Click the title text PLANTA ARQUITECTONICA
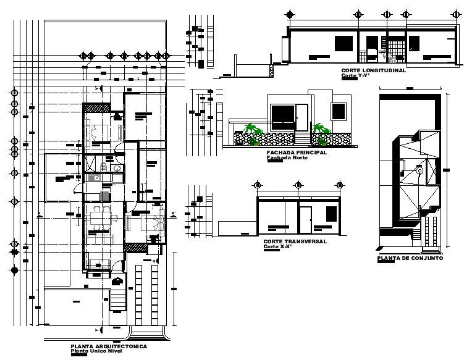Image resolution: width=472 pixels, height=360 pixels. click(x=109, y=347)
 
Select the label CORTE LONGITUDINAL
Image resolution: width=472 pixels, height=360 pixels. click(x=373, y=70)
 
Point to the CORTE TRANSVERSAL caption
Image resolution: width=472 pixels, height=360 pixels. click(x=295, y=242)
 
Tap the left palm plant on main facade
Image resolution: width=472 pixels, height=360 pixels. click(x=252, y=131)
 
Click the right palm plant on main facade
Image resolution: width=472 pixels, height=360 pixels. click(x=320, y=131)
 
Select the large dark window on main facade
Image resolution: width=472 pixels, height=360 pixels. click(x=283, y=115)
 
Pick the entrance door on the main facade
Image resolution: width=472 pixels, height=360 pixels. click(x=301, y=117)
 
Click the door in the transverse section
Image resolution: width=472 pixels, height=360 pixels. click(x=305, y=220)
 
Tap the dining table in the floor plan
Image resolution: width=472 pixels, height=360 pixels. click(x=99, y=217)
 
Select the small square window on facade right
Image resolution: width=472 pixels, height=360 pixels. click(x=339, y=111)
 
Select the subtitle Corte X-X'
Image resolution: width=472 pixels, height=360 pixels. click(x=276, y=247)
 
